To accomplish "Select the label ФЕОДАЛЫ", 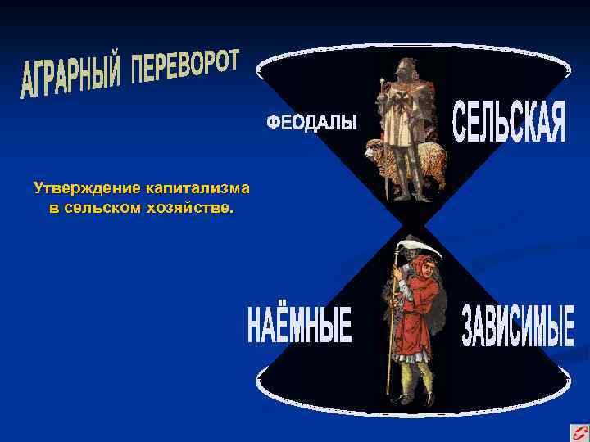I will (311, 123).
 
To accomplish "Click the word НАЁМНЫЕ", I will (299, 325).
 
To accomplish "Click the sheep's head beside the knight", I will (373, 149).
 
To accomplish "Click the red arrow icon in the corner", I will (579, 431).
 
